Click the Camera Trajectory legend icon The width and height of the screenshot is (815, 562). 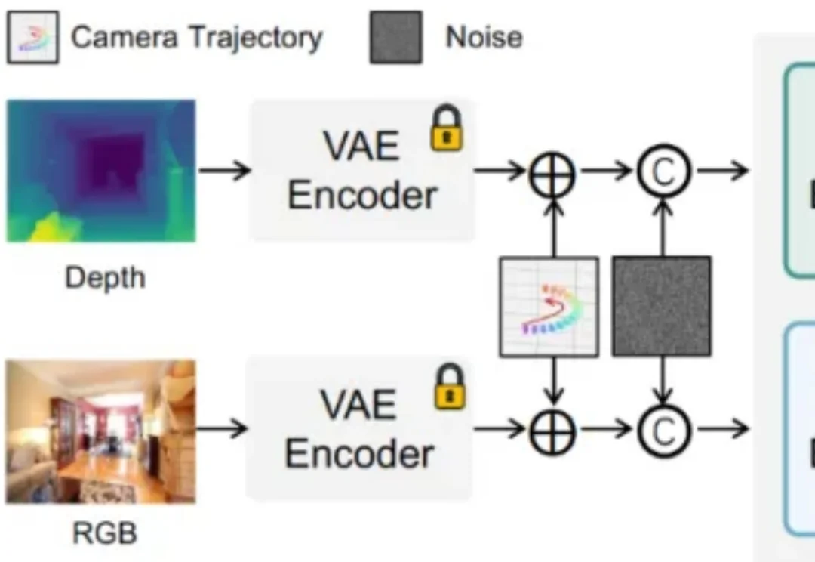coord(32,38)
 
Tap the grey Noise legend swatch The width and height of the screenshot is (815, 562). coord(395,37)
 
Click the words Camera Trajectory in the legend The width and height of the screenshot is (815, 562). coord(196,37)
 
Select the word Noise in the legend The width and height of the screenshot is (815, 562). coord(484,37)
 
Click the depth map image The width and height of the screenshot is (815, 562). coord(101,171)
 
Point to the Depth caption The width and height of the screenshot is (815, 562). coord(104,278)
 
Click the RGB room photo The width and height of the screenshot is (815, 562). coord(101,431)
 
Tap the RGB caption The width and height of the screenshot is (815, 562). coord(105,534)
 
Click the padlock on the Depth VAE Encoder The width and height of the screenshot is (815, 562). coord(447,129)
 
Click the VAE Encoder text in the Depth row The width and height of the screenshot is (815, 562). coord(361,171)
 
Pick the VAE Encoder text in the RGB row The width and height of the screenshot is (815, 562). coord(359,429)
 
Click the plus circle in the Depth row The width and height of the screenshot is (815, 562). coord(553,172)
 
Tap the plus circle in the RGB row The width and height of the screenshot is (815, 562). coord(553,431)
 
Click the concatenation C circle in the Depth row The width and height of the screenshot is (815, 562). coord(663,172)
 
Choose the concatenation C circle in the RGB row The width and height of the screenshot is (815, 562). coord(663,431)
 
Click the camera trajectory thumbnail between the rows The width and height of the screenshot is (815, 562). coord(549,306)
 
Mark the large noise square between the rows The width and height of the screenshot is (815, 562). coord(662,306)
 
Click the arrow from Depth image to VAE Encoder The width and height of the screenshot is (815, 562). coord(224,171)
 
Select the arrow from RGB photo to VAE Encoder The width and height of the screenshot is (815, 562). coord(223,429)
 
